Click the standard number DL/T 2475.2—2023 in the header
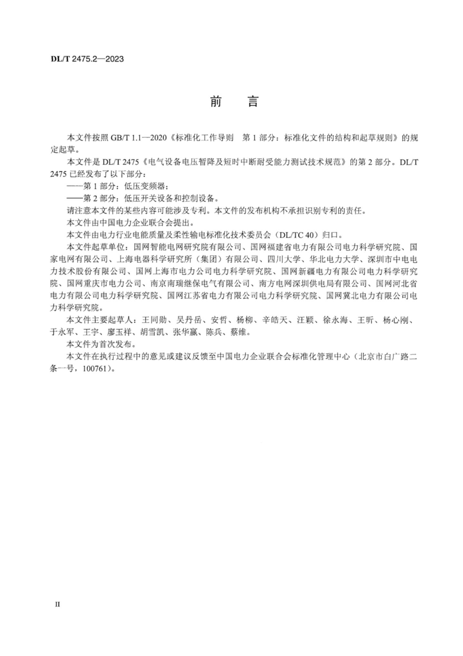[87, 59]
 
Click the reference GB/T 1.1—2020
[138, 138]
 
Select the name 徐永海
[335, 320]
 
